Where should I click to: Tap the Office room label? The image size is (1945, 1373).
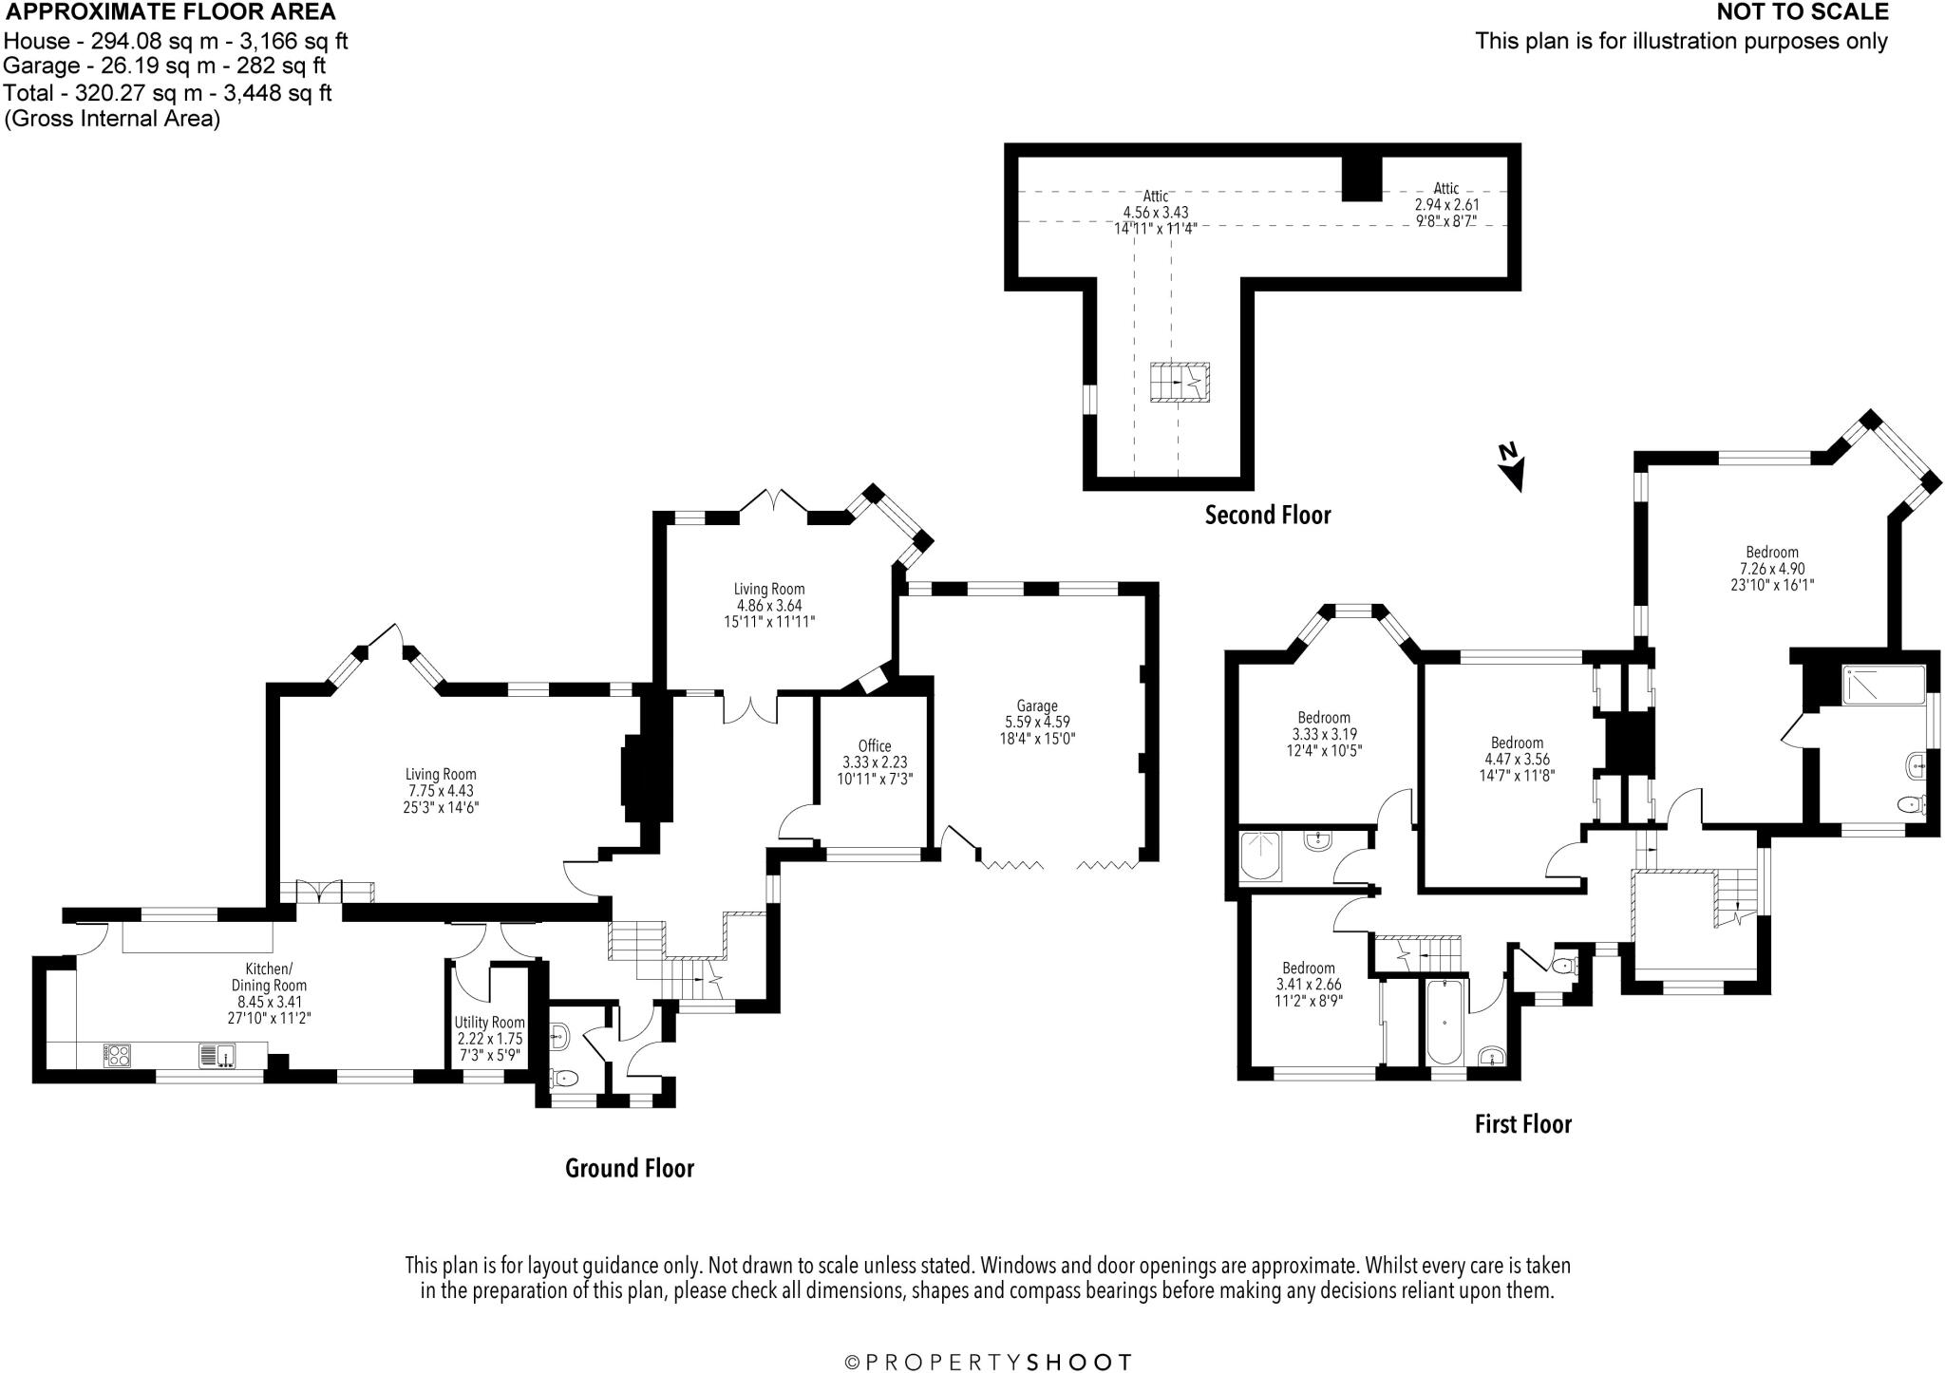coord(875,746)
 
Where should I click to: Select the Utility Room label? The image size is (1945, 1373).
coord(489,1023)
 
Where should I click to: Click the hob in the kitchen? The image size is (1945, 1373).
coord(117,1056)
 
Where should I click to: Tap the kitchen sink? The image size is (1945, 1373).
coord(219,1056)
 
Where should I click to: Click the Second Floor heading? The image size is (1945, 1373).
coord(1268,516)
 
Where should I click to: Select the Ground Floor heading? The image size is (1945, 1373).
coord(630,1168)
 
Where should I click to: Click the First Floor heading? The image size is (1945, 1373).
coord(1523,1124)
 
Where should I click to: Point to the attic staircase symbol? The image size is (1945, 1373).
coord(1180,382)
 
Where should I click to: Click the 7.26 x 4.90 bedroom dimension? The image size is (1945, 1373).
coord(1772,569)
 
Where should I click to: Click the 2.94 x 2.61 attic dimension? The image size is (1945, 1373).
coord(1446,204)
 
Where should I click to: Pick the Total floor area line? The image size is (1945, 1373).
coord(168,93)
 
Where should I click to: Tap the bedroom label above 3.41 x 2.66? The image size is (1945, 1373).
coord(1309,969)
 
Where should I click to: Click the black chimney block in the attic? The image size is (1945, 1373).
coord(1361,178)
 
